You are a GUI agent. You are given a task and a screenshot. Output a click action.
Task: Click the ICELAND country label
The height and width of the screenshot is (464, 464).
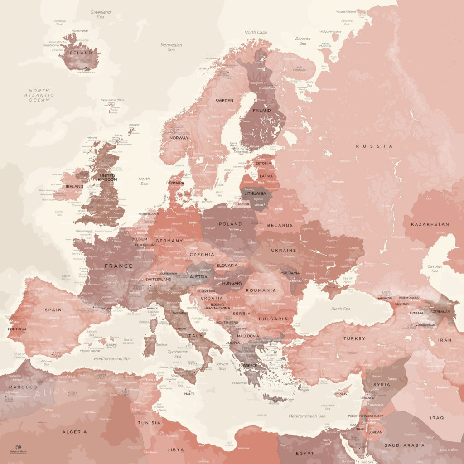tap(80, 53)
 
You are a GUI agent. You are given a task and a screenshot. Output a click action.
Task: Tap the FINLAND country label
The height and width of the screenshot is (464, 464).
tap(262, 111)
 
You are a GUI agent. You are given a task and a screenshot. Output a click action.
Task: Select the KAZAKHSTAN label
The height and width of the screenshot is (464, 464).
tap(430, 224)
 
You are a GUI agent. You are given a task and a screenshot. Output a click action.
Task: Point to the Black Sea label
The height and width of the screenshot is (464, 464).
tap(340, 309)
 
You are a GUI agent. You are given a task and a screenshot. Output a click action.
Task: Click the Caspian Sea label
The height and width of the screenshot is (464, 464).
tap(435, 268)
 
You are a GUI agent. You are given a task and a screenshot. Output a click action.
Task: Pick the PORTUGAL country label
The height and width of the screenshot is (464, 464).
tap(18, 329)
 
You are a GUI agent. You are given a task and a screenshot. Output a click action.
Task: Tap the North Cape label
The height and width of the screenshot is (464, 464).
tap(256, 33)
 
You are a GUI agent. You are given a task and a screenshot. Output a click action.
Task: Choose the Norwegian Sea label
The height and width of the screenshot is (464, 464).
tap(171, 47)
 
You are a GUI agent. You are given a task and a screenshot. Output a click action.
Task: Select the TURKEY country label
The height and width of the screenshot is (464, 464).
tap(354, 338)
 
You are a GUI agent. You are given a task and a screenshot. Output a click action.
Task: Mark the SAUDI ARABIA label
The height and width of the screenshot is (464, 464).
tap(404, 445)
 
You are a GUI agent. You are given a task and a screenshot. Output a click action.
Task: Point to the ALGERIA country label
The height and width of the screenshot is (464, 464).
tap(74, 432)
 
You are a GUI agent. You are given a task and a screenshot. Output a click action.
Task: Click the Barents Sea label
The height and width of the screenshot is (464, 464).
tap(303, 41)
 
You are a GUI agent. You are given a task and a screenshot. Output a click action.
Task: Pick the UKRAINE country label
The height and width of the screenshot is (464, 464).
tap(283, 250)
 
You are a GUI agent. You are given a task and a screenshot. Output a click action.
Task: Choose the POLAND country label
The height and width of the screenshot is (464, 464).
tap(230, 224)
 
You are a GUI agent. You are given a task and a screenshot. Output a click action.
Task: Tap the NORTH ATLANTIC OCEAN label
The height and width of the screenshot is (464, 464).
tap(39, 95)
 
